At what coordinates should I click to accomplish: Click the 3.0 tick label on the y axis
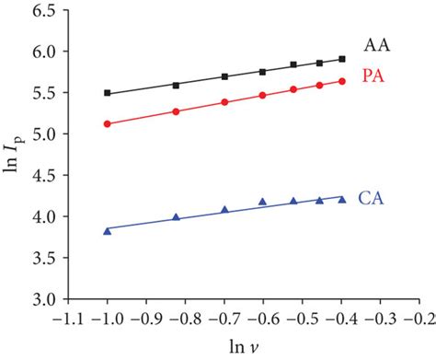click(x=38, y=299)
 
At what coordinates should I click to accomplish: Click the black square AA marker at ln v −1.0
click(x=108, y=93)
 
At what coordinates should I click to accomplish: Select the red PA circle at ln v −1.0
click(x=108, y=123)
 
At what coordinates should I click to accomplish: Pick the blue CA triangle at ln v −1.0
click(x=108, y=231)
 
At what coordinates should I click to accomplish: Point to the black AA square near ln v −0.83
click(x=176, y=85)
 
